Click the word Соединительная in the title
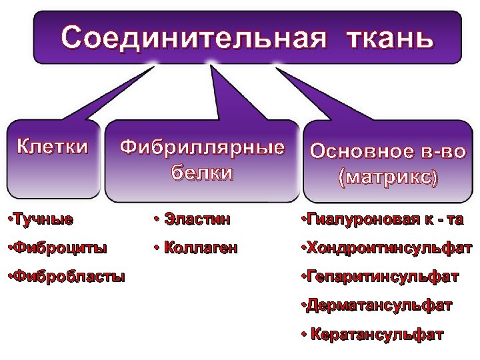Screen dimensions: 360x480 click(194, 37)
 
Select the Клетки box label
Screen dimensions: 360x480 click(52, 147)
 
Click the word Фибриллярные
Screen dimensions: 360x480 click(202, 147)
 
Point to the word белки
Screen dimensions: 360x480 click(202, 173)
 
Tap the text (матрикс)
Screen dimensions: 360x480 click(388, 178)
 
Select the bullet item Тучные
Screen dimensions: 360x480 click(39, 218)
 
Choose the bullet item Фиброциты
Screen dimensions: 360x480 click(55, 248)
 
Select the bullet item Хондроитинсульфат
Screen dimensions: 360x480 click(387, 248)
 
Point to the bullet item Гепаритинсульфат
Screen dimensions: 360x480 click(380, 276)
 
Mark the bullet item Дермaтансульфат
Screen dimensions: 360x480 click(377, 305)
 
